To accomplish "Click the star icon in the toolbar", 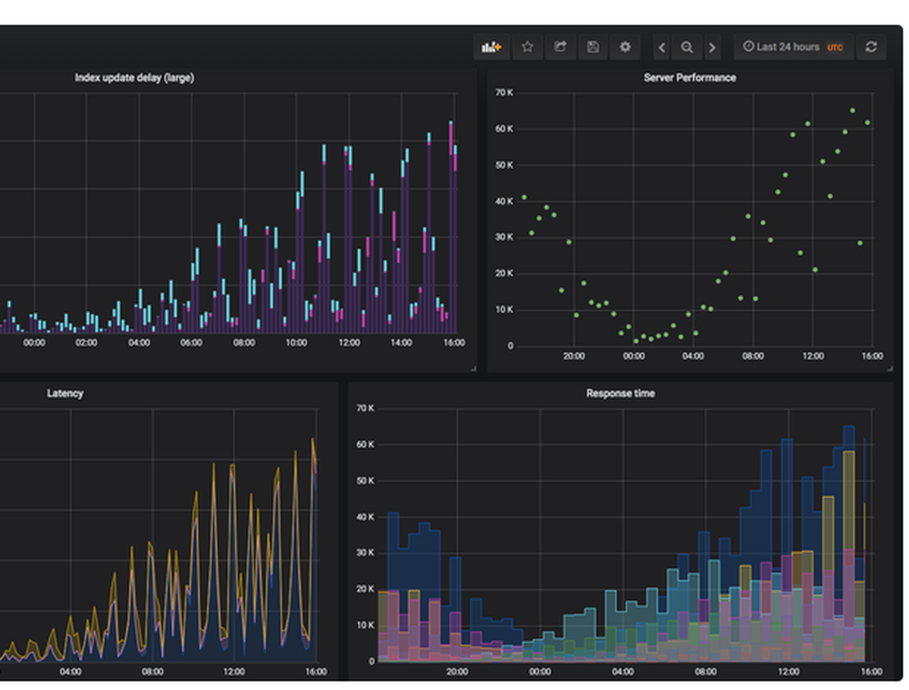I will [x=527, y=47].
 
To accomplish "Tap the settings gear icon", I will [x=624, y=47].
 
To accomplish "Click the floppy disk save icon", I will [x=593, y=47].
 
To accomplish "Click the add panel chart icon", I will [x=492, y=47].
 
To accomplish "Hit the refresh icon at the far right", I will [x=871, y=47].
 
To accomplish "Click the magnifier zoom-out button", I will [x=687, y=47].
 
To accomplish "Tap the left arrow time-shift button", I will [x=662, y=47].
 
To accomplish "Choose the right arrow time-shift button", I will [x=712, y=47].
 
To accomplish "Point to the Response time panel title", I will [x=620, y=394].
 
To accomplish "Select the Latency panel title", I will [x=65, y=394].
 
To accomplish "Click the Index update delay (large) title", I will [x=134, y=78].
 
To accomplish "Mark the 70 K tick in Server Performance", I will [x=504, y=93].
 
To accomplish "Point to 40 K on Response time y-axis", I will [x=365, y=517].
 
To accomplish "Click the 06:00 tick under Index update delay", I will [x=191, y=343].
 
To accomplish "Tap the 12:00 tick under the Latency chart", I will [x=235, y=672].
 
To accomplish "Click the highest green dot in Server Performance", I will [x=852, y=111].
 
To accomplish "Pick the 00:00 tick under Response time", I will [x=540, y=672].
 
